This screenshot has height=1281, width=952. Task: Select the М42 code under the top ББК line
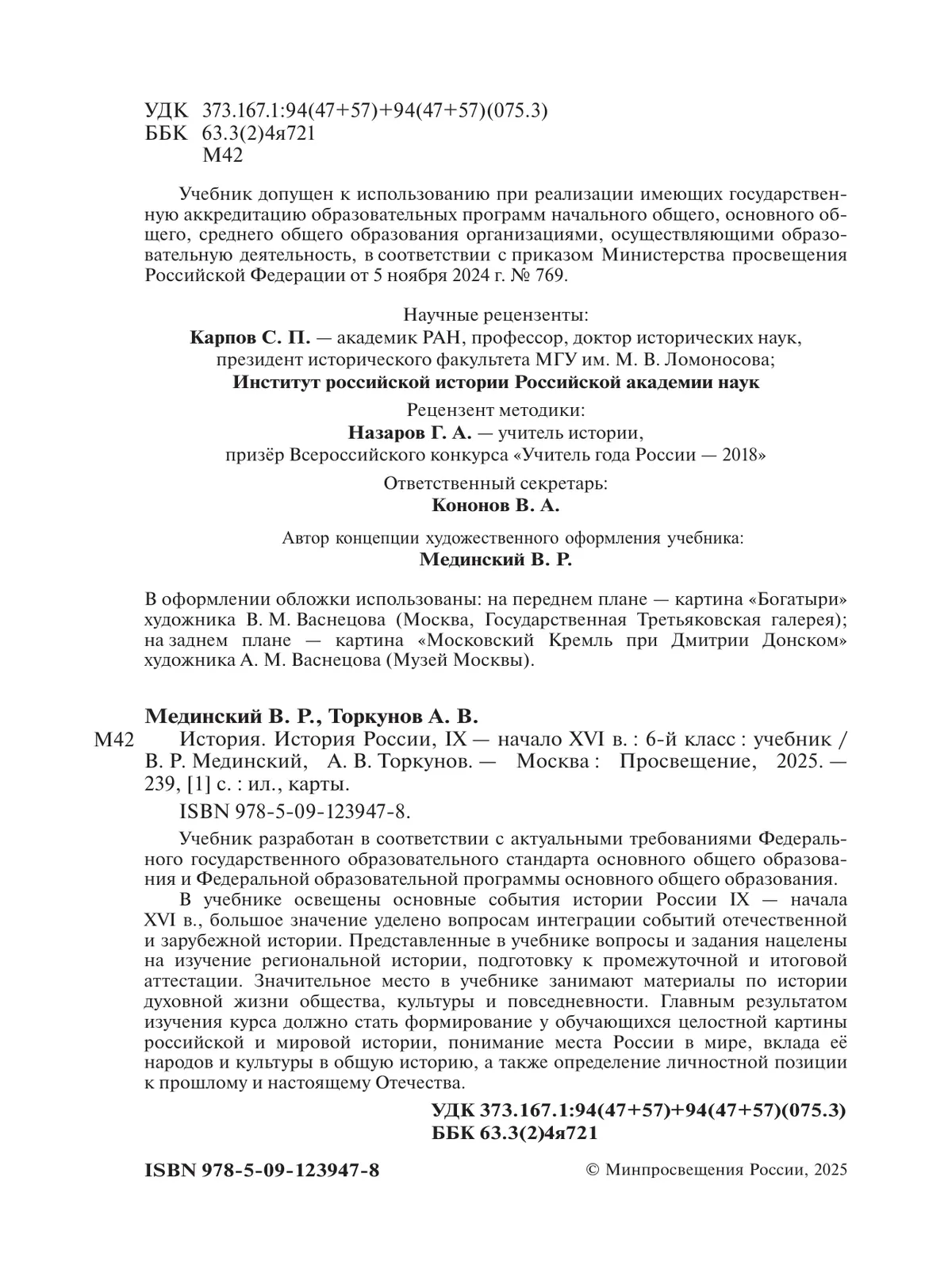click(223, 156)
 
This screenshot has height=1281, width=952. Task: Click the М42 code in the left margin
click(112, 741)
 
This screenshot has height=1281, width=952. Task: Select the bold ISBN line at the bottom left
click(263, 1171)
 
